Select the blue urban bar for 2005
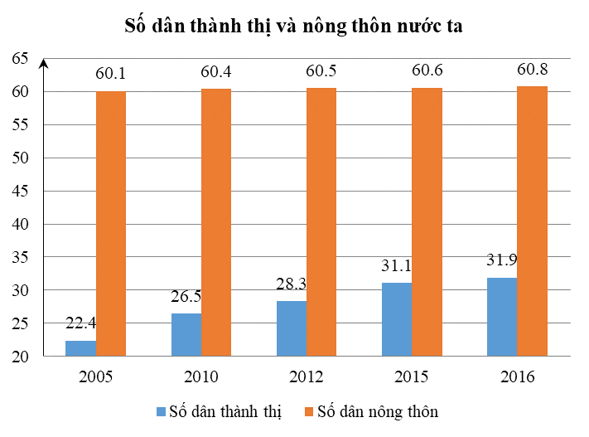coord(80,348)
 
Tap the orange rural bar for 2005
coord(110,224)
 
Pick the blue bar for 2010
coord(186,335)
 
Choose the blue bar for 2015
coord(396,319)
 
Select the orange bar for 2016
coord(532,221)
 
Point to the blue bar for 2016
coord(501,317)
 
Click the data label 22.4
coord(81,323)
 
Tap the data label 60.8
coord(532,69)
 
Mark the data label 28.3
coord(292,284)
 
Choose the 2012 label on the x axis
coord(306,377)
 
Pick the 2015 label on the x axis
coord(411,377)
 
